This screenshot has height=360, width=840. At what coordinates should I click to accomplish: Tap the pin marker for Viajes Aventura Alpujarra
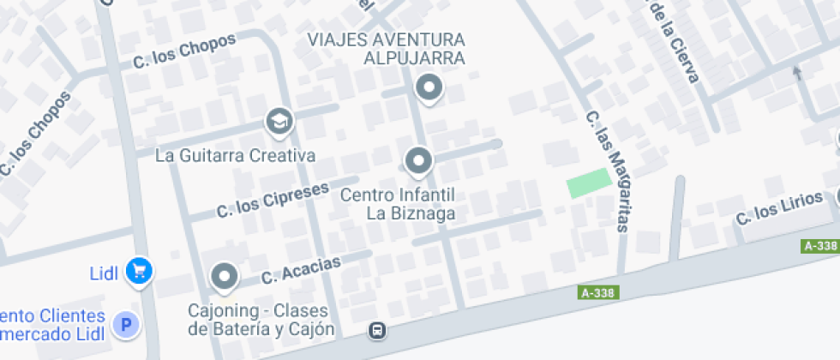[428, 87]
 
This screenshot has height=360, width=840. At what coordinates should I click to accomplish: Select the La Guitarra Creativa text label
[236, 156]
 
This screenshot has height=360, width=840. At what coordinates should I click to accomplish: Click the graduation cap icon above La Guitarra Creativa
[278, 122]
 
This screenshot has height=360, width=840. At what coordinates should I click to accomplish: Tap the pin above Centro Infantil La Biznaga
[417, 160]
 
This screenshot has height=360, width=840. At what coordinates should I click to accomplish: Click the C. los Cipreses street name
[273, 198]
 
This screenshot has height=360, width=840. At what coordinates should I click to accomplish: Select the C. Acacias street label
[301, 268]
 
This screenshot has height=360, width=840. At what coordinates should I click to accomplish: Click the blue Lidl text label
[108, 274]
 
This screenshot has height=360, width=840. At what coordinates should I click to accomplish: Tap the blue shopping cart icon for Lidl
[139, 272]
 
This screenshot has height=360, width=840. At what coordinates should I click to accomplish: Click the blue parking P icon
[126, 324]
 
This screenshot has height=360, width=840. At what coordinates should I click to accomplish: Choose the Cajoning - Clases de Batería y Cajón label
[261, 319]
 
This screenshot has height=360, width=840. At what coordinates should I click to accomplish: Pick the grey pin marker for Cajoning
[225, 276]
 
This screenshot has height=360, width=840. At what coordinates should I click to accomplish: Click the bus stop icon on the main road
[376, 330]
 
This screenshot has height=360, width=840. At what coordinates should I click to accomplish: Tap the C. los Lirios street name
[777, 207]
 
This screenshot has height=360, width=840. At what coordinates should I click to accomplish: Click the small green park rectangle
[589, 183]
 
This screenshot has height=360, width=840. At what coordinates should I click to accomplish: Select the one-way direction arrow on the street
[799, 73]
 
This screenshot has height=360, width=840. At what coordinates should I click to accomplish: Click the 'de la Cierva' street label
[675, 41]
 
